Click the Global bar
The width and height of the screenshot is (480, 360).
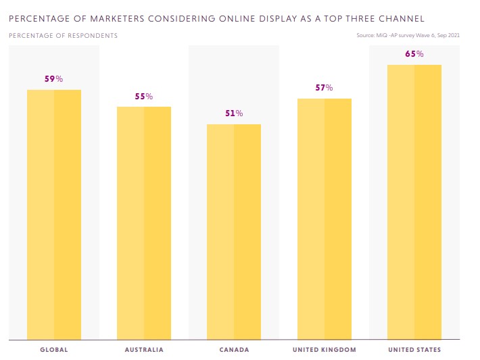[x=54, y=214]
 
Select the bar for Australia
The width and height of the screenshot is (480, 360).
[x=144, y=222]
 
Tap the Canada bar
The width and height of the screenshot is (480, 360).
[x=234, y=231]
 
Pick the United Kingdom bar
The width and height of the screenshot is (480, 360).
[x=325, y=218]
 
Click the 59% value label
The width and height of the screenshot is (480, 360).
[x=54, y=79]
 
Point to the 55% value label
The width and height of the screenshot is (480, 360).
[x=144, y=97]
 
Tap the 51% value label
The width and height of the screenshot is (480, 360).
[x=234, y=113]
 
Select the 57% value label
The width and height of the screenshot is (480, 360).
[x=325, y=88]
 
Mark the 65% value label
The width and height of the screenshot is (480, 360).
[x=414, y=54]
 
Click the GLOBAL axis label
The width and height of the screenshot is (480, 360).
[x=54, y=350]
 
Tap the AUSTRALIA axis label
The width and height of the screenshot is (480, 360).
[x=144, y=350]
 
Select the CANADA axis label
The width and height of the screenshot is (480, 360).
[x=234, y=350]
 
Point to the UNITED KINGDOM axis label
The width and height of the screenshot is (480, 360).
[x=325, y=350]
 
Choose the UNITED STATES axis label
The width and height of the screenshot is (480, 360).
[x=414, y=350]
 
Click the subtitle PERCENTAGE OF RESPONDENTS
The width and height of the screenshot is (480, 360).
[x=63, y=35]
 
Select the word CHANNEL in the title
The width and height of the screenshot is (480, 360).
[x=420, y=19]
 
